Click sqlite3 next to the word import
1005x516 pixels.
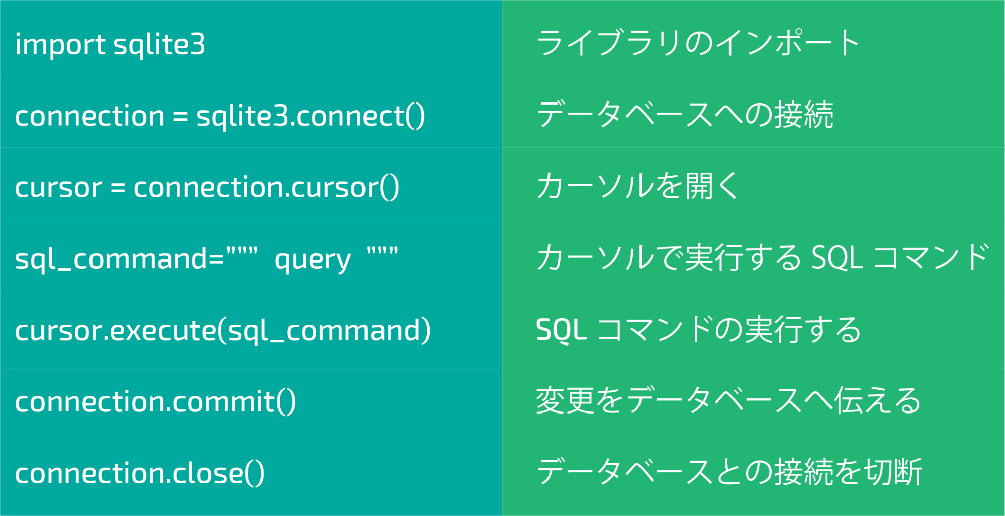pyautogui.click(x=159, y=44)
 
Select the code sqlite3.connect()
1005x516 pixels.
pyautogui.click(x=311, y=116)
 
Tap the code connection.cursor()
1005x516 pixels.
pyautogui.click(x=266, y=187)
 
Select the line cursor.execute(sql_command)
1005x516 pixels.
pyautogui.click(x=223, y=331)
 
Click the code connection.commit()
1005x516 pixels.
pyautogui.click(x=156, y=402)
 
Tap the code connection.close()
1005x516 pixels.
pyautogui.click(x=140, y=473)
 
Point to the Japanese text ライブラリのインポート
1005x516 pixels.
pyautogui.click(x=698, y=43)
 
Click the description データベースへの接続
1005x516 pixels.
pyautogui.click(x=685, y=115)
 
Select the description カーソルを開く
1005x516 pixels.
pyautogui.click(x=637, y=186)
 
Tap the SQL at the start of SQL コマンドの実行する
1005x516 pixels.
pyautogui.click(x=561, y=330)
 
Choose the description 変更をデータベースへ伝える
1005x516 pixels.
pyautogui.click(x=728, y=401)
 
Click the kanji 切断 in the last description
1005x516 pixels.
pyautogui.click(x=893, y=472)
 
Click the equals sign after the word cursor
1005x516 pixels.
pyautogui.click(x=118, y=188)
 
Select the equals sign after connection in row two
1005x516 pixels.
pyautogui.click(x=180, y=117)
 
